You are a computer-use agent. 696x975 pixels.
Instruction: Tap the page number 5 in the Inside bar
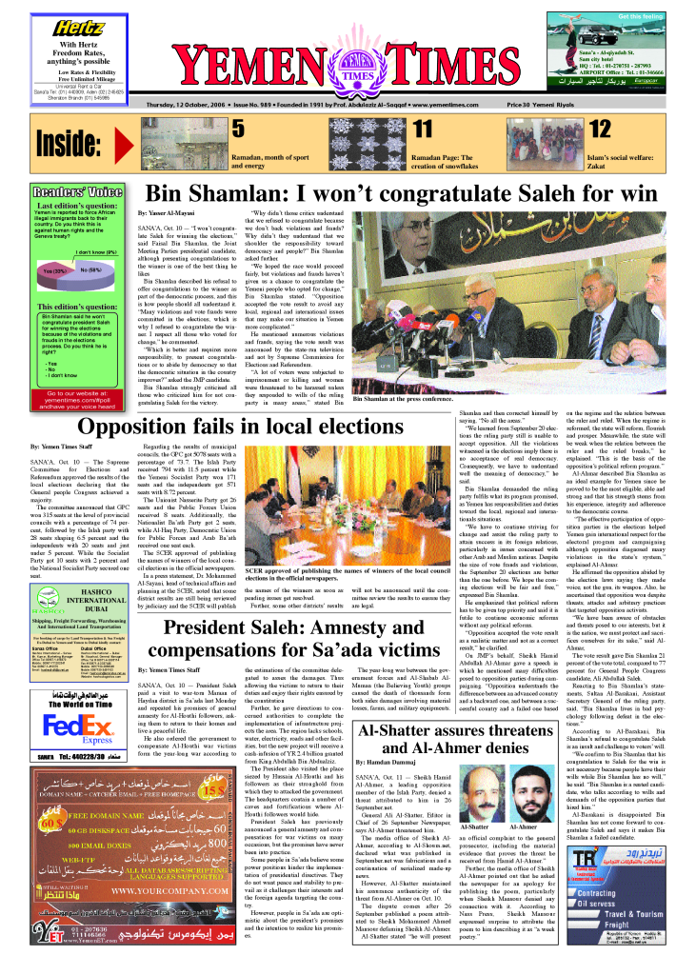point(238,129)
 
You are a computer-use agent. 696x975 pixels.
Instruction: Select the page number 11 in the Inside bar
point(423,129)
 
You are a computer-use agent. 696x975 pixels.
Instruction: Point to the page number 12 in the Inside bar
point(600,129)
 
